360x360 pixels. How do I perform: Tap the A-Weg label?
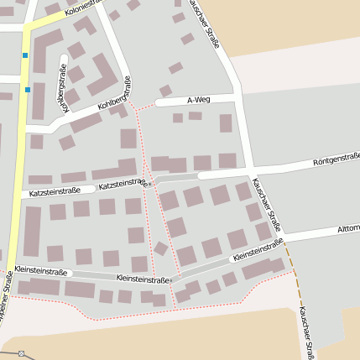tap(199, 99)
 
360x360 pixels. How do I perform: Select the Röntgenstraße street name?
tap(336, 159)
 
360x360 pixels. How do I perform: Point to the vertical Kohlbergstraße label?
tap(60, 82)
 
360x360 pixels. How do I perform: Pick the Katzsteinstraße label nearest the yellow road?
tap(55, 192)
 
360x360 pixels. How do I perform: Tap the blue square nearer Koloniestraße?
tap(25, 56)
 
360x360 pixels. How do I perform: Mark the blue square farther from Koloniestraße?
tap(28, 89)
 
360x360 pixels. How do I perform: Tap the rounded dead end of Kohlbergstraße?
tap(64, 59)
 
